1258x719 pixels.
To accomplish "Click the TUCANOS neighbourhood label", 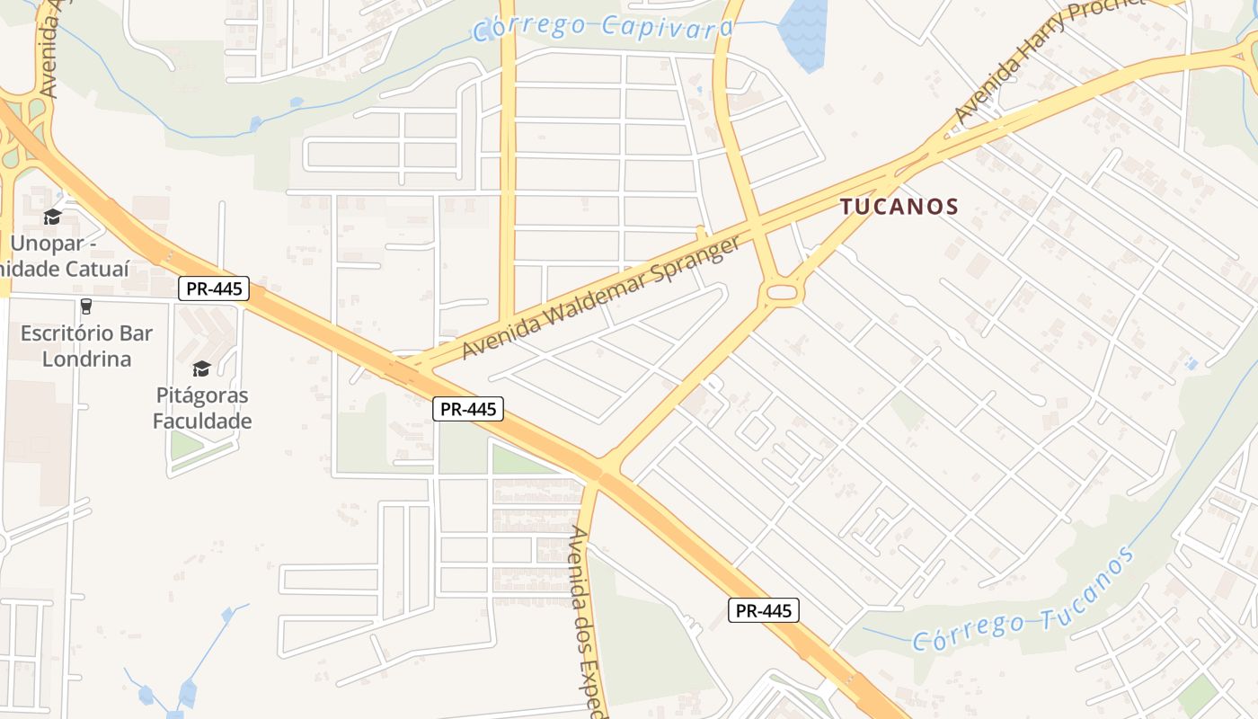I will pos(899,207).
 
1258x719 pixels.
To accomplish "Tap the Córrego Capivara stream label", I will pos(603,27).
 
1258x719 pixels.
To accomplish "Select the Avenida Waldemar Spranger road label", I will pos(601,296).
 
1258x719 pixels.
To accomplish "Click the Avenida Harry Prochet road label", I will pos(1047,59).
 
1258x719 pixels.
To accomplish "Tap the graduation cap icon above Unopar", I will pos(52,217).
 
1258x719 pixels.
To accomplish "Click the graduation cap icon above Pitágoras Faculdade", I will pos(201,369).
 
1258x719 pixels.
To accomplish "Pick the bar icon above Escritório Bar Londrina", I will pos(86,306).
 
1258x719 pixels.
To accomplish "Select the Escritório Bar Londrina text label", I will pos(87,346).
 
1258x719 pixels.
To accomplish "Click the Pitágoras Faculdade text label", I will pos(201,408).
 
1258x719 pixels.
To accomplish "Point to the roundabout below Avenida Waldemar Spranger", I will pos(783,292).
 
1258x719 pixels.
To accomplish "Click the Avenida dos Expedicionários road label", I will pos(589,620).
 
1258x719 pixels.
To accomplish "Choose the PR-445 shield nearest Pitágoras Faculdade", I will pos(213,289).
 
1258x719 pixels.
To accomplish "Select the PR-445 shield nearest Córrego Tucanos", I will pos(763,611).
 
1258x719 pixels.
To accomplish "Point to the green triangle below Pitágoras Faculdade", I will pos(187,444).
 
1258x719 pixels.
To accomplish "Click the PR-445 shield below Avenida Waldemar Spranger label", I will pos(467,409).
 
